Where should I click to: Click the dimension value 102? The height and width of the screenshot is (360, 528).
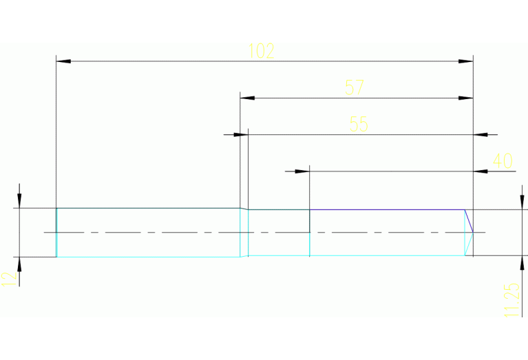(x=262, y=51)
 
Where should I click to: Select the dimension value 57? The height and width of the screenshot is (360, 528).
(x=355, y=87)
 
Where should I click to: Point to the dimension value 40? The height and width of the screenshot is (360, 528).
(x=503, y=161)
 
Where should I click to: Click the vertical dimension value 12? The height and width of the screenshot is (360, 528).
(x=8, y=278)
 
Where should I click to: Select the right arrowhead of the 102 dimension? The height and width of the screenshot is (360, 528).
(x=466, y=62)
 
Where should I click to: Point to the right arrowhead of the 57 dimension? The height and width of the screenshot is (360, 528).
(x=466, y=98)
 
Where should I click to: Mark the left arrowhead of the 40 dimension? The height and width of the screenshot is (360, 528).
(x=302, y=171)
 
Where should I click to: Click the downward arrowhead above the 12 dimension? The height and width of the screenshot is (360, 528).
(x=20, y=200)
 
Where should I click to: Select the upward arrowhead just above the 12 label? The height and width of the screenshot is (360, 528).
(x=20, y=264)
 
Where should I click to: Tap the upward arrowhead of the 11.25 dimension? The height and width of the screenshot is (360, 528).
(x=521, y=263)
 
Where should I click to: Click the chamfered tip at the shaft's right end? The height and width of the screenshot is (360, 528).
(x=470, y=232)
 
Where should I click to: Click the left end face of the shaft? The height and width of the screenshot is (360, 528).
(x=56, y=232)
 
